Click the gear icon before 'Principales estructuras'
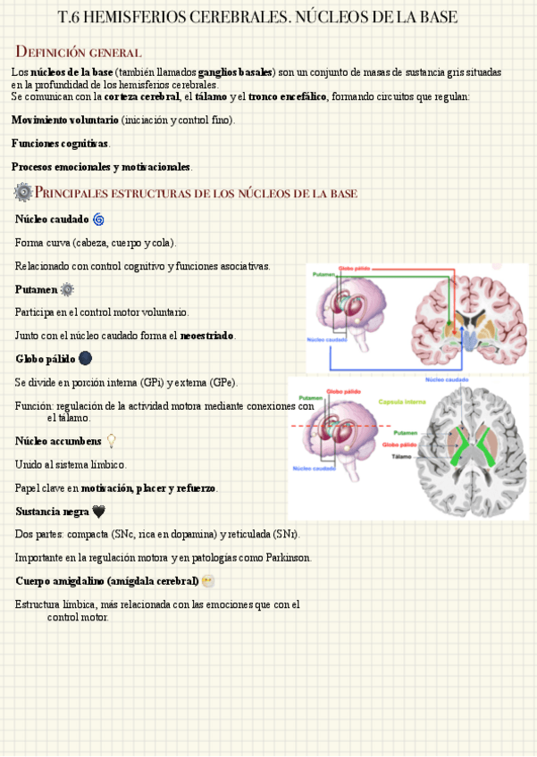[22, 192]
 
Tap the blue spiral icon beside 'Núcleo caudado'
[98, 219]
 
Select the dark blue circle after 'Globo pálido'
[85, 359]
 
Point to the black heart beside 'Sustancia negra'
[99, 512]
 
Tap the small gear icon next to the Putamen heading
[67, 289]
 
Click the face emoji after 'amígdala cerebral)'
[208, 581]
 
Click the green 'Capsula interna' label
[402, 402]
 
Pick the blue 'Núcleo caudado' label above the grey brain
[447, 379]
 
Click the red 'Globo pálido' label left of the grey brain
[399, 444]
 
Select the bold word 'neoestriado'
[207, 336]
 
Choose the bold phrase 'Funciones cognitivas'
[60, 144]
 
